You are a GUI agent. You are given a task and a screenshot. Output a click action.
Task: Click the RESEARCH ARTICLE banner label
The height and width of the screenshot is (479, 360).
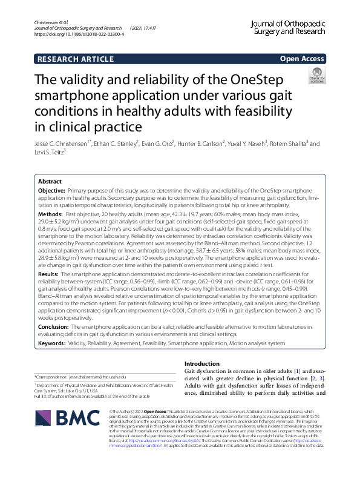click(x=75, y=59)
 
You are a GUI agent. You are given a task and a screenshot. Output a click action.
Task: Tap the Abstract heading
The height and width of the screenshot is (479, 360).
click(x=50, y=181)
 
